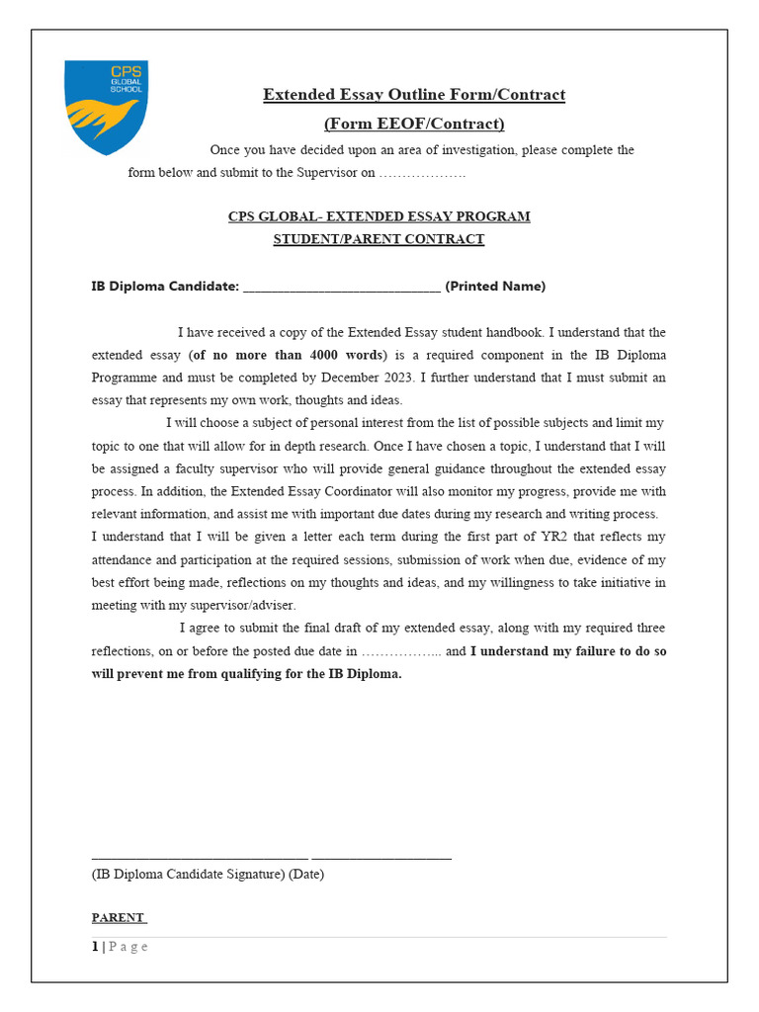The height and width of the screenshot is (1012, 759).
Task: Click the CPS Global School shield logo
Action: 106,107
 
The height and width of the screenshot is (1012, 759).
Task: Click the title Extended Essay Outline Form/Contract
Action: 414,95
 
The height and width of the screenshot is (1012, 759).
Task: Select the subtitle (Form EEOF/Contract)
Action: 414,124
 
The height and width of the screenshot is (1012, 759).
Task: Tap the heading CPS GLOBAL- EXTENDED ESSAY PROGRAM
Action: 379,216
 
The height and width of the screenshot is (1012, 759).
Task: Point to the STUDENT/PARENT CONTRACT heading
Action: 379,239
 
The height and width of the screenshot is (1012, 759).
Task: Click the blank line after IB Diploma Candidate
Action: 341,288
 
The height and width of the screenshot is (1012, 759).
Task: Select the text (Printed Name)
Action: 495,287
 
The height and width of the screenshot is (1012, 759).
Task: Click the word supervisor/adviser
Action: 243,605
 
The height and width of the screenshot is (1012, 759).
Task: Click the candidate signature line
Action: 200,856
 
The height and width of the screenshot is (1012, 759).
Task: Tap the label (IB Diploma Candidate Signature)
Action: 188,875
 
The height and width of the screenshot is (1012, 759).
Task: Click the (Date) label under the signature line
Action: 306,875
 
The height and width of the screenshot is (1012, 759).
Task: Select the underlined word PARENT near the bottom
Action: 118,918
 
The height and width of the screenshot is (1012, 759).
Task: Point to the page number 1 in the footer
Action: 95,947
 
